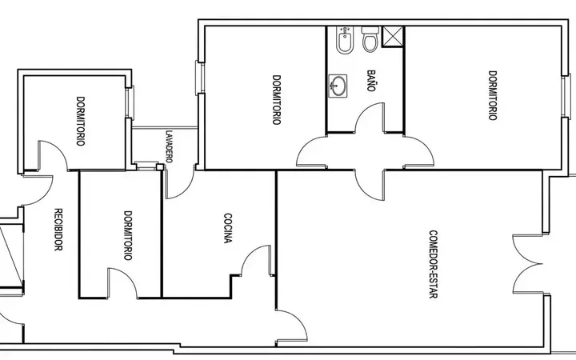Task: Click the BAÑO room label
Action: (371, 81)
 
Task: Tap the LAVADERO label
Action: (169, 146)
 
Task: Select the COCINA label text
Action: (228, 228)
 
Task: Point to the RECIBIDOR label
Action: (58, 230)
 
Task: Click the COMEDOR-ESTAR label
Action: (434, 264)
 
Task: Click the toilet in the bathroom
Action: (370, 39)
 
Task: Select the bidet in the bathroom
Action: (344, 40)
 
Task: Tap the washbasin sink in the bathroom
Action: (338, 86)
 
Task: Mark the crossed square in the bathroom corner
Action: (393, 37)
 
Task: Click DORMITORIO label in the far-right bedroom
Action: (493, 95)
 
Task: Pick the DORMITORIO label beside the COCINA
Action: (128, 235)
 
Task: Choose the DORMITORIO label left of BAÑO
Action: (277, 100)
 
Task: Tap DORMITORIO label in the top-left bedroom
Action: (81, 122)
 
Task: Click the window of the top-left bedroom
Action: (130, 103)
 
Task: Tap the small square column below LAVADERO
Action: (160, 167)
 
